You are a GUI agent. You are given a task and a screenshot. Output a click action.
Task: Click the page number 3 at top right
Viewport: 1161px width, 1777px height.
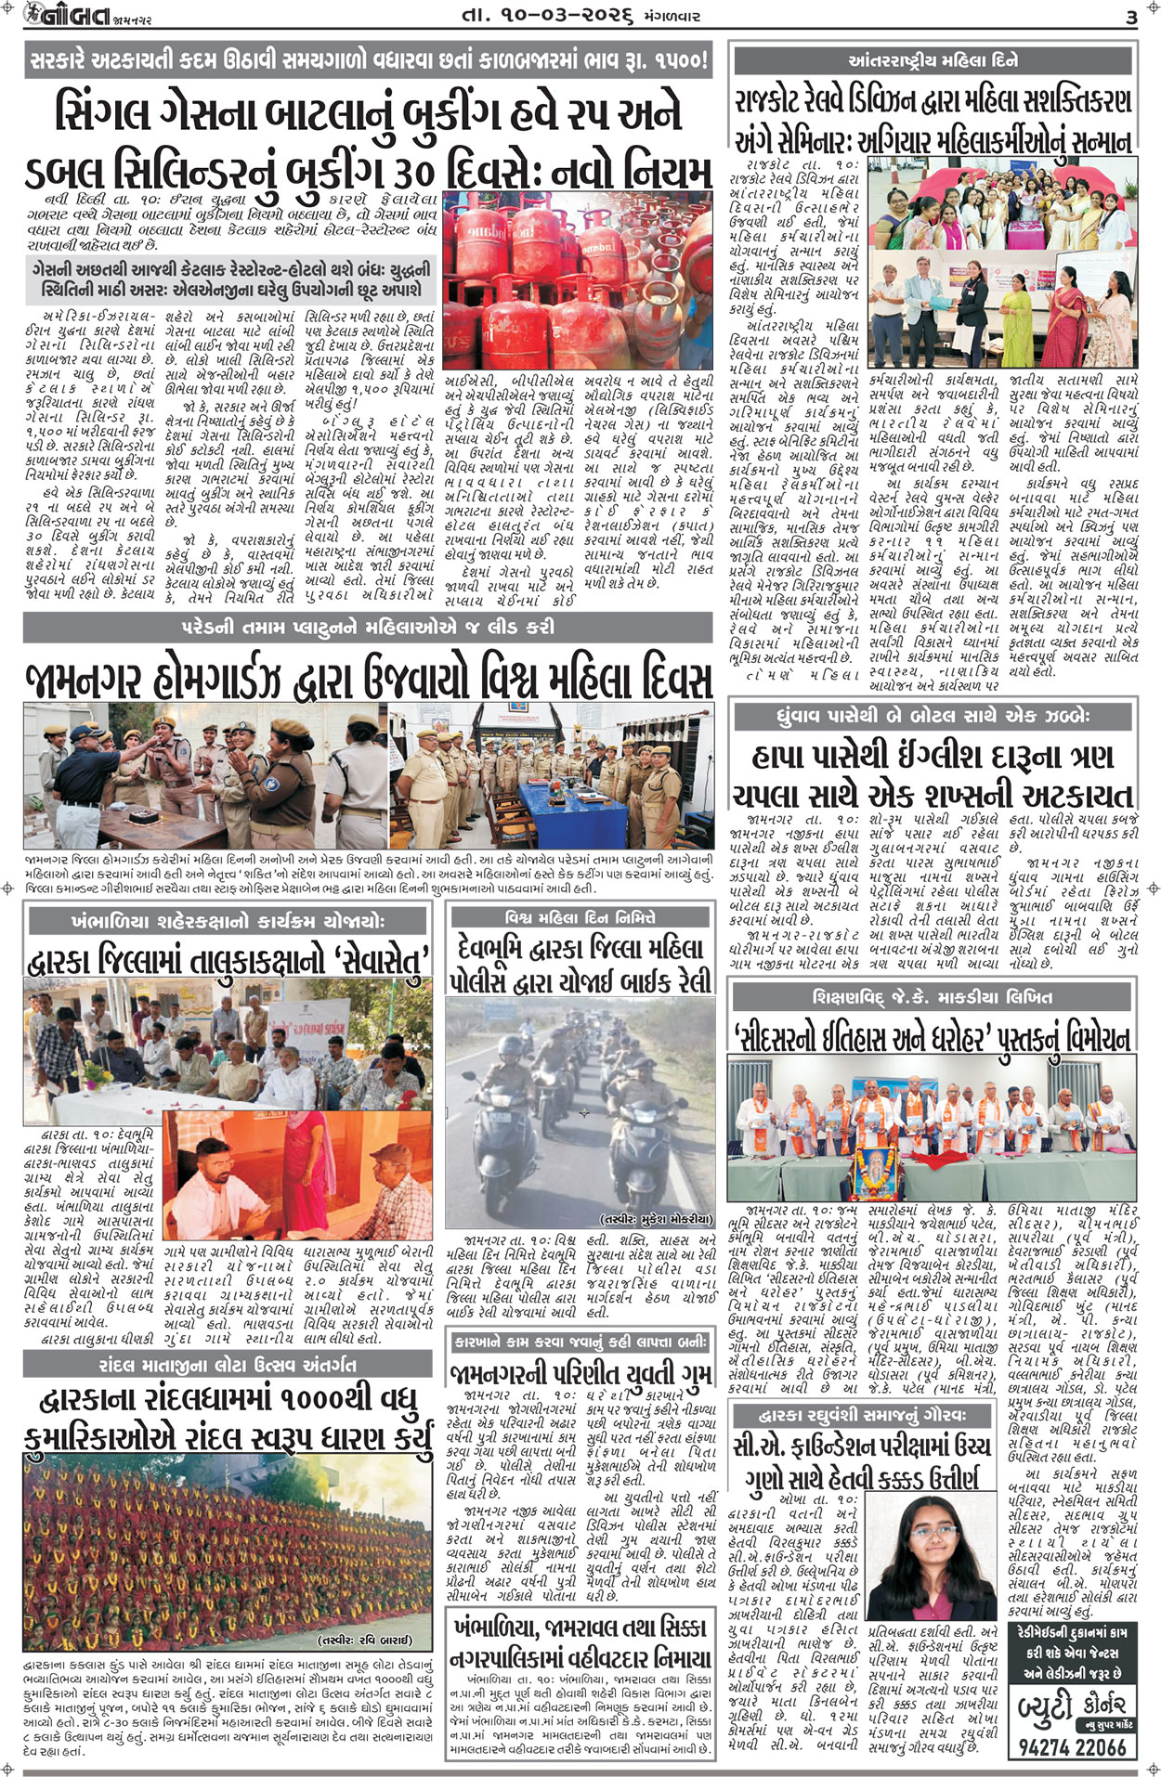pyautogui.click(x=1130, y=18)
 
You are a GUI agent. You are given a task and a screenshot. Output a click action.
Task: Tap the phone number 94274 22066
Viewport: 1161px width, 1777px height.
pyautogui.click(x=1073, y=1745)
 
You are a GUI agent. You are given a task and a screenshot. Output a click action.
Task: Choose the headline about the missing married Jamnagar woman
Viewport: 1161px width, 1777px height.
pyautogui.click(x=580, y=1375)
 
